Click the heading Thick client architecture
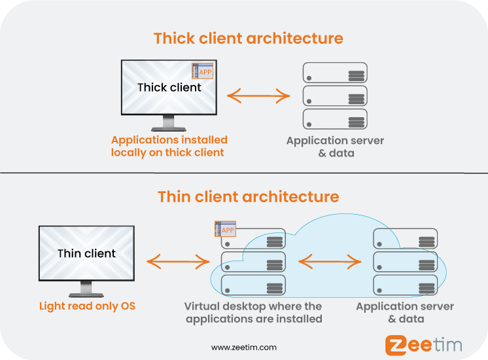click(248, 38)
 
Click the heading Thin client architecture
click(248, 196)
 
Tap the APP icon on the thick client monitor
click(204, 71)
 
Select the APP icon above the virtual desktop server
click(226, 229)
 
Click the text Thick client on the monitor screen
click(169, 87)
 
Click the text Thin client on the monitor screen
click(86, 253)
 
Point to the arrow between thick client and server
click(258, 96)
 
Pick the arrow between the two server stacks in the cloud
click(330, 262)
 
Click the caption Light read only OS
click(87, 306)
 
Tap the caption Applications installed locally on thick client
click(169, 146)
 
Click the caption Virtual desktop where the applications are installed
click(253, 312)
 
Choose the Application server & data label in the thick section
click(335, 147)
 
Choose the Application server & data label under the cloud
click(405, 312)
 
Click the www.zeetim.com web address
click(243, 347)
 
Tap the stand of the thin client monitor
click(86, 289)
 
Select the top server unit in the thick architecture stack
click(335, 73)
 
